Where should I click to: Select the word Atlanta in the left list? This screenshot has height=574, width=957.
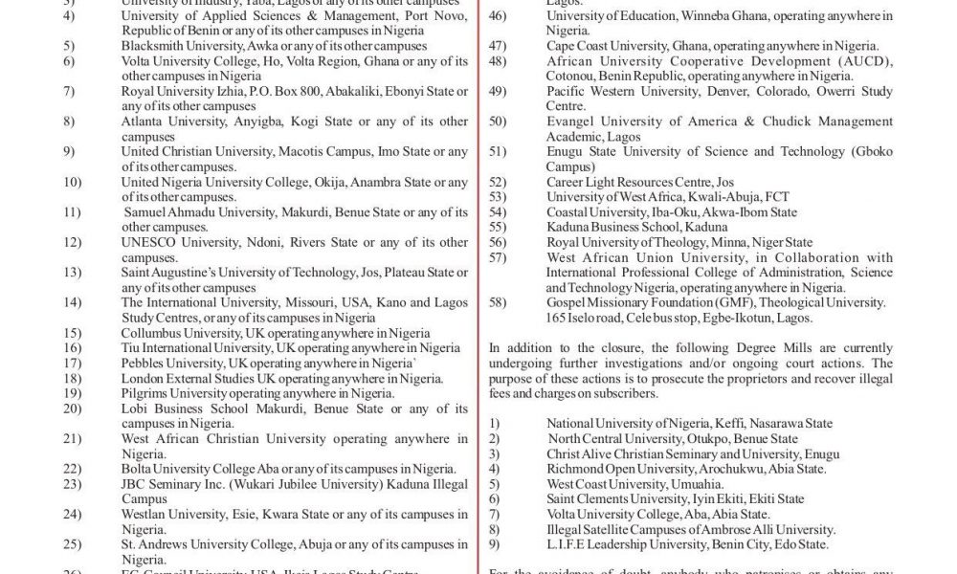coord(145,121)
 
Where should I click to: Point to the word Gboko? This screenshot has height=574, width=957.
coord(866,151)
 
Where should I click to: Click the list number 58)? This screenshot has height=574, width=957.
coord(497,302)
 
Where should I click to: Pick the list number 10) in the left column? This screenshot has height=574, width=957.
coord(73,182)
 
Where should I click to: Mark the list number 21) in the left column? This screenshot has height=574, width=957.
coord(73,438)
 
